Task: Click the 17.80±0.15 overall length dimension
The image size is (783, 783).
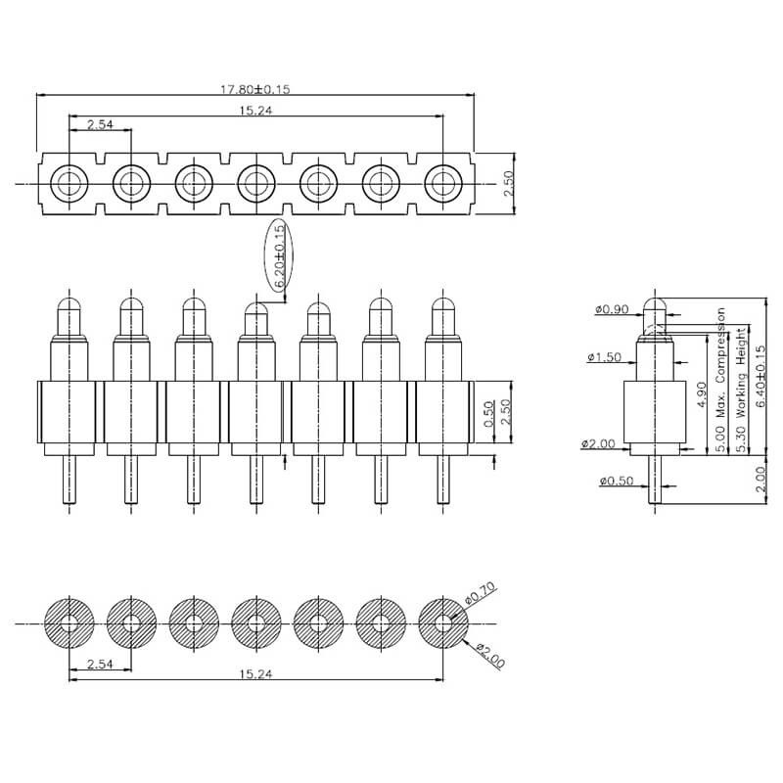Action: point(255,89)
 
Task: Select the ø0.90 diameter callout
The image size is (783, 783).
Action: point(612,310)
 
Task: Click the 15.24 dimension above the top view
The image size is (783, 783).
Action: point(255,112)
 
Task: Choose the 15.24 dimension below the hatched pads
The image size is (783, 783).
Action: point(255,674)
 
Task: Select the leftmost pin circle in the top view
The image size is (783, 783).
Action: point(69,182)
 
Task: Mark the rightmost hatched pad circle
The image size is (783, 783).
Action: point(443,622)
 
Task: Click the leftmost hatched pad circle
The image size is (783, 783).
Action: point(69,622)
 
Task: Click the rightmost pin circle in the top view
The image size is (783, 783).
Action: point(443,182)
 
